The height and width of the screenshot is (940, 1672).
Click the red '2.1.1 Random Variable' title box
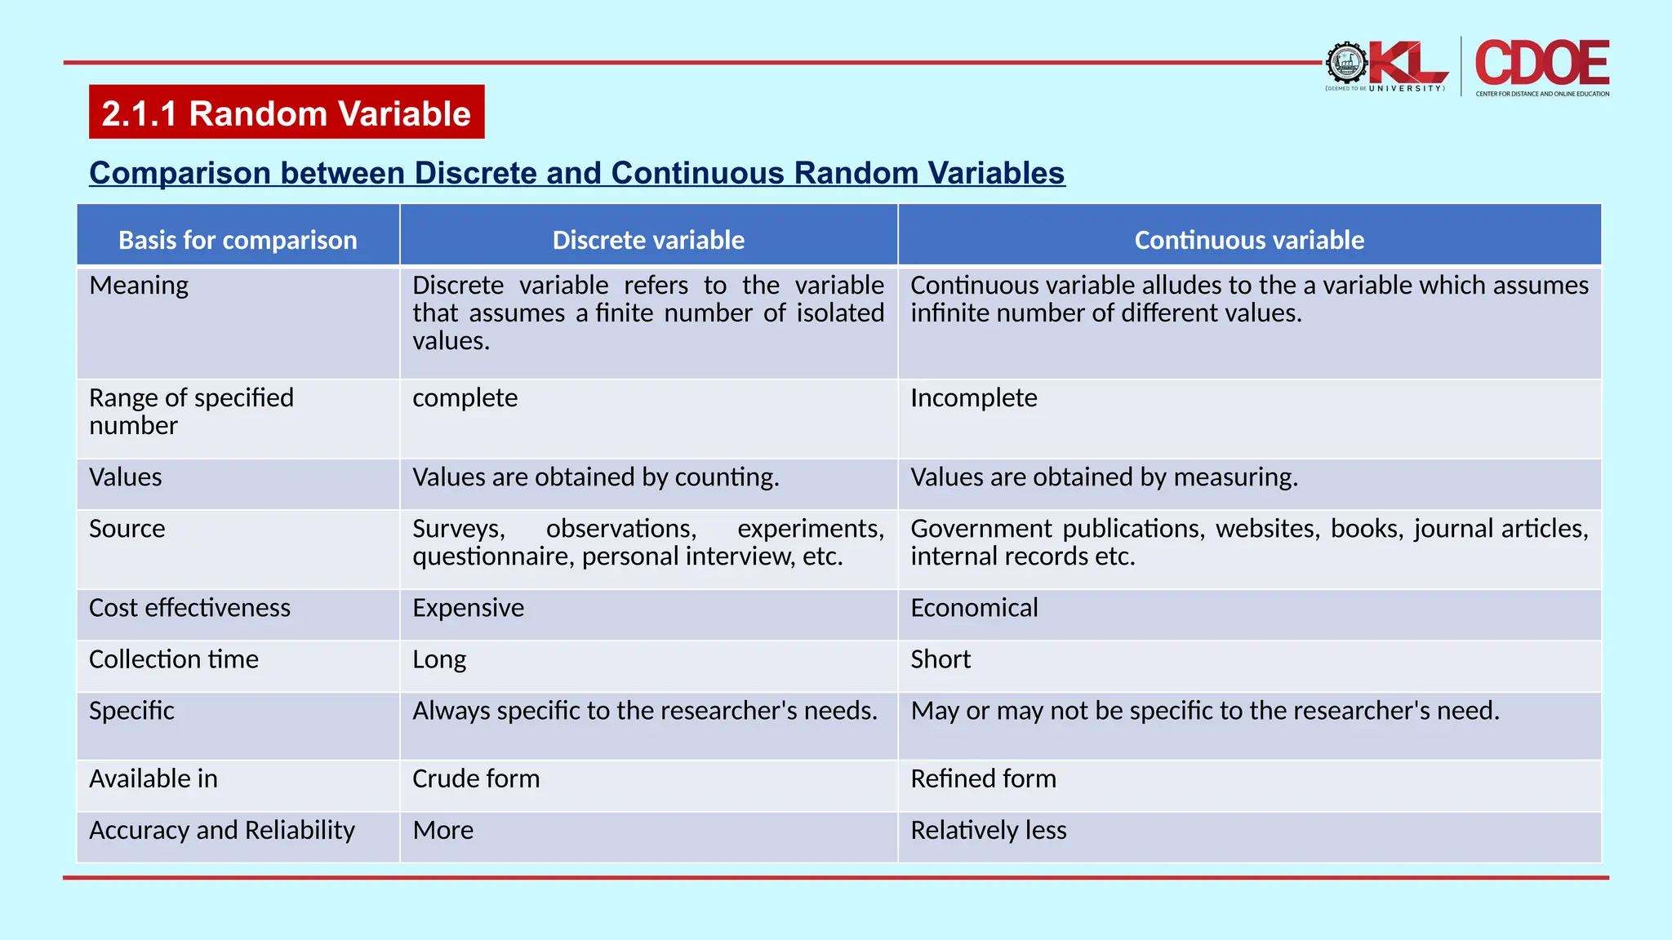pyautogui.click(x=287, y=113)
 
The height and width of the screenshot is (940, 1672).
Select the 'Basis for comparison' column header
pyautogui.click(x=238, y=240)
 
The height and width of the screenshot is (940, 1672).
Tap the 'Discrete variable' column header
pyautogui.click(x=648, y=240)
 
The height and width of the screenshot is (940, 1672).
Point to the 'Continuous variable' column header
pyautogui.click(x=1249, y=240)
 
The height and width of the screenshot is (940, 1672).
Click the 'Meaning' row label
pyautogui.click(x=139, y=286)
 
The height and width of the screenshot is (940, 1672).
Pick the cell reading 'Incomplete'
pyautogui.click(x=974, y=397)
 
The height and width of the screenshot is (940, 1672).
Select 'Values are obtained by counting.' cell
pyautogui.click(x=596, y=477)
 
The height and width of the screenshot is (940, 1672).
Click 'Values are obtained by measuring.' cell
pyautogui.click(x=1104, y=477)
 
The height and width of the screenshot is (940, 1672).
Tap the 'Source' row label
pyautogui.click(x=127, y=529)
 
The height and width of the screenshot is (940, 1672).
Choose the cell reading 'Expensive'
pyautogui.click(x=469, y=608)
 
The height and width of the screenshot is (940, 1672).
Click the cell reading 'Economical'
pyautogui.click(x=974, y=608)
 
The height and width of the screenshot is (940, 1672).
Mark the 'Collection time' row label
pyautogui.click(x=174, y=659)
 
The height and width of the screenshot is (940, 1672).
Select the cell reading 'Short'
pyautogui.click(x=940, y=659)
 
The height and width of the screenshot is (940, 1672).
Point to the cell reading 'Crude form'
pyautogui.click(x=476, y=778)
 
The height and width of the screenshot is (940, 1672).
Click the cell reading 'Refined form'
pyautogui.click(x=983, y=778)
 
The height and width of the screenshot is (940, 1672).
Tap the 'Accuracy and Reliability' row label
pyautogui.click(x=222, y=830)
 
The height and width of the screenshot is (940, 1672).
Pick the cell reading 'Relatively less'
pyautogui.click(x=989, y=830)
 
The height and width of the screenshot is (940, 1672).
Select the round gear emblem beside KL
pyautogui.click(x=1346, y=63)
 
